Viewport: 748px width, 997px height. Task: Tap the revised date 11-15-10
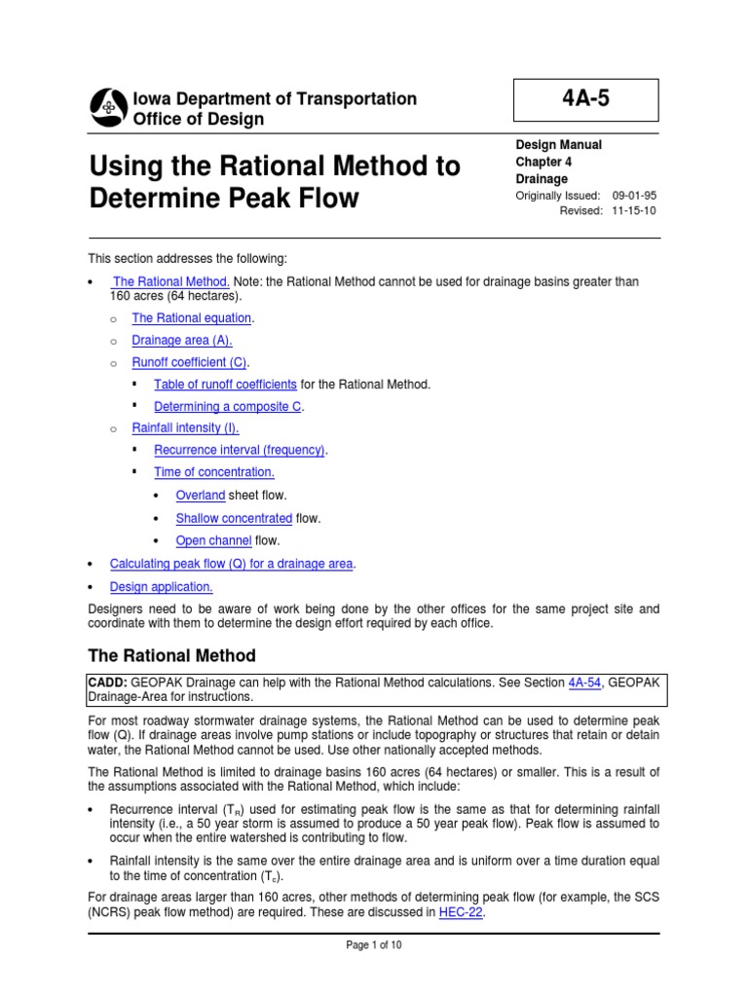pyautogui.click(x=635, y=211)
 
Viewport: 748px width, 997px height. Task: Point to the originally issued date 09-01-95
pyautogui.click(x=635, y=196)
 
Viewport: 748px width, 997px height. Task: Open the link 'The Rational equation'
pyautogui.click(x=192, y=318)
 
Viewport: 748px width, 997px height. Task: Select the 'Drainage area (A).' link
pyautogui.click(x=182, y=340)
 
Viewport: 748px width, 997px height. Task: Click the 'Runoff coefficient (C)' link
pyautogui.click(x=190, y=362)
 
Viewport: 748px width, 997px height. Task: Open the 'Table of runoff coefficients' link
pyautogui.click(x=225, y=385)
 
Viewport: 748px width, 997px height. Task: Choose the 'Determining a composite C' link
pyautogui.click(x=228, y=407)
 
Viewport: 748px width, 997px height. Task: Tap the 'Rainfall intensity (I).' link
pyautogui.click(x=185, y=427)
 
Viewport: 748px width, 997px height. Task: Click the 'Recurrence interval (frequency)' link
pyautogui.click(x=240, y=450)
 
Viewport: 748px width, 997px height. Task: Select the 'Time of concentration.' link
pyautogui.click(x=214, y=472)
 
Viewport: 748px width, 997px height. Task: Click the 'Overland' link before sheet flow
pyautogui.click(x=200, y=496)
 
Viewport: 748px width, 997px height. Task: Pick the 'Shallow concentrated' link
pyautogui.click(x=234, y=518)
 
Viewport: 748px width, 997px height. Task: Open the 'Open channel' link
pyautogui.click(x=213, y=540)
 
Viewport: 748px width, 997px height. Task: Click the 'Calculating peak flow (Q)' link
pyautogui.click(x=232, y=564)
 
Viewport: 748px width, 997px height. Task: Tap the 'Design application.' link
pyautogui.click(x=161, y=587)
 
